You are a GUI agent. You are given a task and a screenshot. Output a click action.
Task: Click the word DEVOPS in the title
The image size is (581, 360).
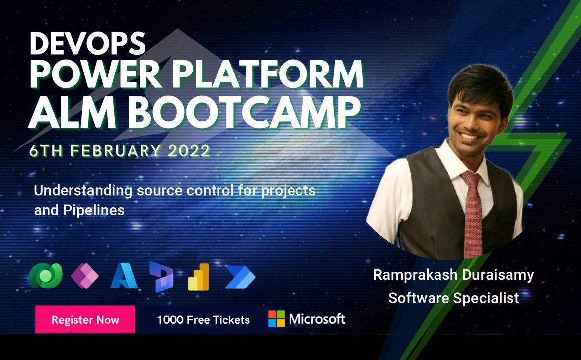tap(87, 43)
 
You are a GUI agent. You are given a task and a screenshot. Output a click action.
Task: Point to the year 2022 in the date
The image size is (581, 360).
tap(189, 151)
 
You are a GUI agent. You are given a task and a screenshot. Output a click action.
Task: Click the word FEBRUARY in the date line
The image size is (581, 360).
tap(116, 151)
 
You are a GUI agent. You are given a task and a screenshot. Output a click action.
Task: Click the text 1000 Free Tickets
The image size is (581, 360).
tap(204, 320)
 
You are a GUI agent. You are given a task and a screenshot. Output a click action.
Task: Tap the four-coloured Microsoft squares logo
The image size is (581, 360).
tap(277, 319)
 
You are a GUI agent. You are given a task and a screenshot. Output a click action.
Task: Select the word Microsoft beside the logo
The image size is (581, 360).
tap(317, 319)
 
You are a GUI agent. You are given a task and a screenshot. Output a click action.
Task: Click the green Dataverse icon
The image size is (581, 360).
tap(46, 276)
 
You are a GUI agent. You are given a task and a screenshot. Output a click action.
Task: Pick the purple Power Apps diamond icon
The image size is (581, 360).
tap(84, 276)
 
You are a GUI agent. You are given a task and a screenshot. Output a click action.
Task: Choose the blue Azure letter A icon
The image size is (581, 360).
tap(124, 276)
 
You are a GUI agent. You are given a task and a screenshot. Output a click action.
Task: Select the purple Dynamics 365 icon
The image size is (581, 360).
tap(161, 277)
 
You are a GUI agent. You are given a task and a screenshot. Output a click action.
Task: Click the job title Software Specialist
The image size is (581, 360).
tap(453, 298)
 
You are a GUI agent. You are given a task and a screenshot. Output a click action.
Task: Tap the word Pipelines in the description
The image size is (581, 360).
tap(93, 211)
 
